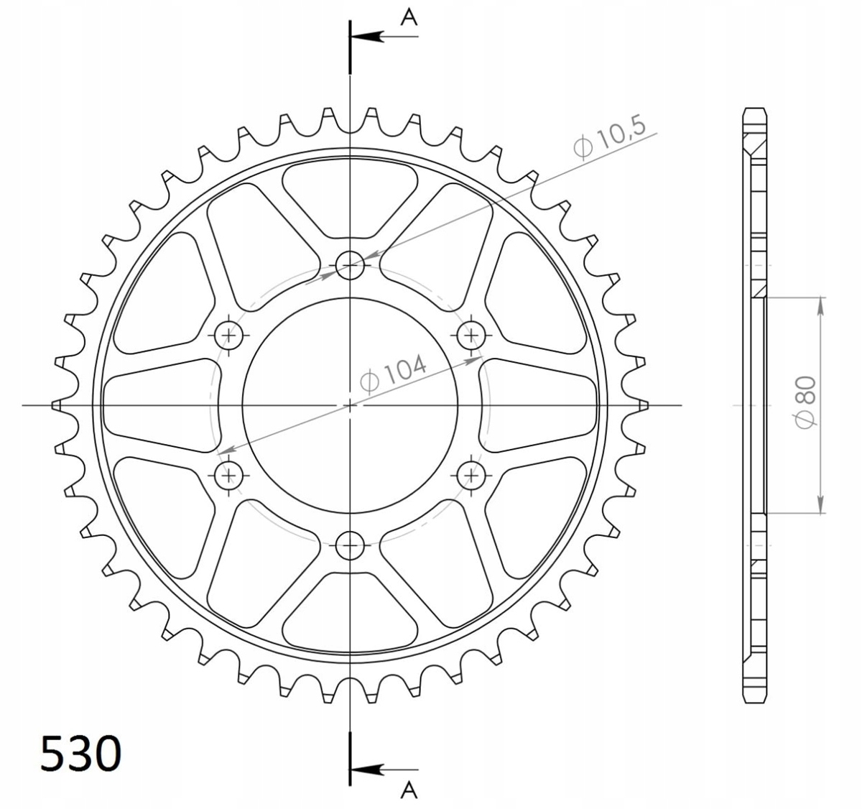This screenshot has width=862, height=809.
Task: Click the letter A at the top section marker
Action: [409, 18]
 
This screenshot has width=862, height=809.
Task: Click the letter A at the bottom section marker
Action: [409, 790]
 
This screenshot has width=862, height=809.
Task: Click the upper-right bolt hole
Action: [471, 335]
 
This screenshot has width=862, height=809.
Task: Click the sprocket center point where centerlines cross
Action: [351, 405]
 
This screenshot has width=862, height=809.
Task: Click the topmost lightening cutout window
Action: [351, 198]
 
